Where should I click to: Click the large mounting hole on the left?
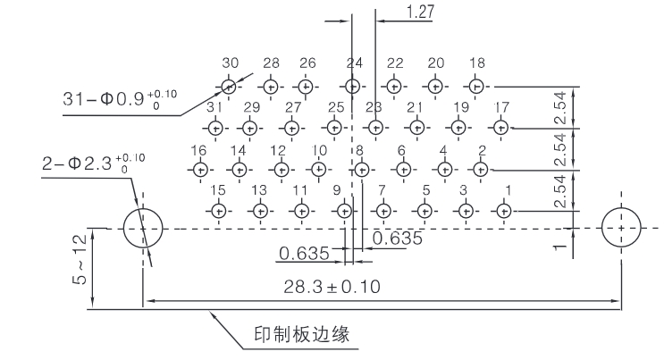pos(143,228)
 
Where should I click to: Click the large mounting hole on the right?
pos(622,228)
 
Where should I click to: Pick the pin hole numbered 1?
pos(505,210)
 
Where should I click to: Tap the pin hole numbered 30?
pos(229,87)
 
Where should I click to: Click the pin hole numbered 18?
pos(476,87)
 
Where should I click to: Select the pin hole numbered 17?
pos(501,127)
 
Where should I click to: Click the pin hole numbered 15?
pos(219,210)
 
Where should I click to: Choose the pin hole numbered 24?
pos(354,87)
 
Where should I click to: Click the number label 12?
pos(279,150)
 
